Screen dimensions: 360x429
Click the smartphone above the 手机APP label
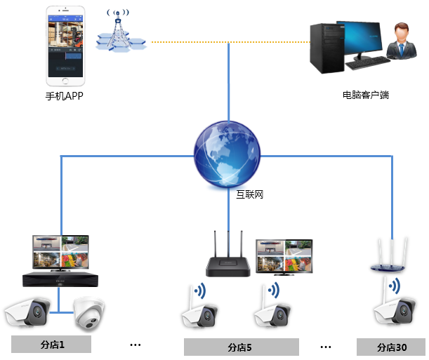[64, 43]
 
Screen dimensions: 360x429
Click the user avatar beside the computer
[401, 43]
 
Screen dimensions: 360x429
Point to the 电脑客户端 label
[365, 95]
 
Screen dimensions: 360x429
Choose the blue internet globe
[227, 154]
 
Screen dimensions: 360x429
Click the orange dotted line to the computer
[225, 42]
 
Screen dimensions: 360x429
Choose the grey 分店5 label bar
[239, 347]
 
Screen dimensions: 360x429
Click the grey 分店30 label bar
[391, 347]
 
